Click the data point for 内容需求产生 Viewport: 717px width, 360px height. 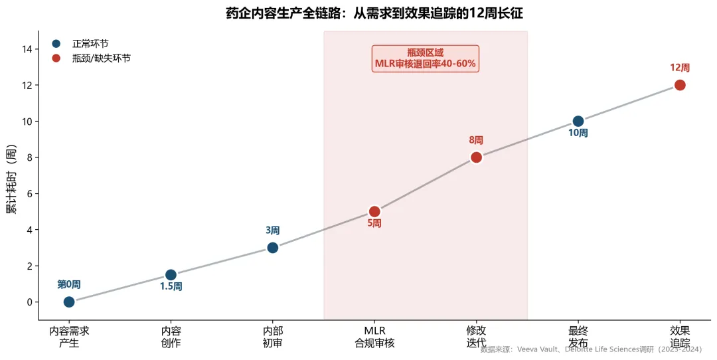69,302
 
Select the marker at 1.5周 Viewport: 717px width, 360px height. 171,275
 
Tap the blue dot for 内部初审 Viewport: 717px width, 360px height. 272,248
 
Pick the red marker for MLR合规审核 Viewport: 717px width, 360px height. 374,211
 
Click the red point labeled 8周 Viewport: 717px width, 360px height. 476,157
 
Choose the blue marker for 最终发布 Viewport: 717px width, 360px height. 578,121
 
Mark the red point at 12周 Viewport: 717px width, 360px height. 680,85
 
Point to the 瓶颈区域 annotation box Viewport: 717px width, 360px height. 425,58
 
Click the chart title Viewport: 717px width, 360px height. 370,13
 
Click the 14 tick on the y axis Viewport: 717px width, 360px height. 28,49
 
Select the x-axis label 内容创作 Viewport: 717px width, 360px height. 171,337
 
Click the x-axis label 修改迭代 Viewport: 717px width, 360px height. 476,337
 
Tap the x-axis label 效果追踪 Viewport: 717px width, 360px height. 680,337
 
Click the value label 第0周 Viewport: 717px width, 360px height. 69,284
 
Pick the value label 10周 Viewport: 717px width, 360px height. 578,133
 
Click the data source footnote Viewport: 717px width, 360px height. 591,349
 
